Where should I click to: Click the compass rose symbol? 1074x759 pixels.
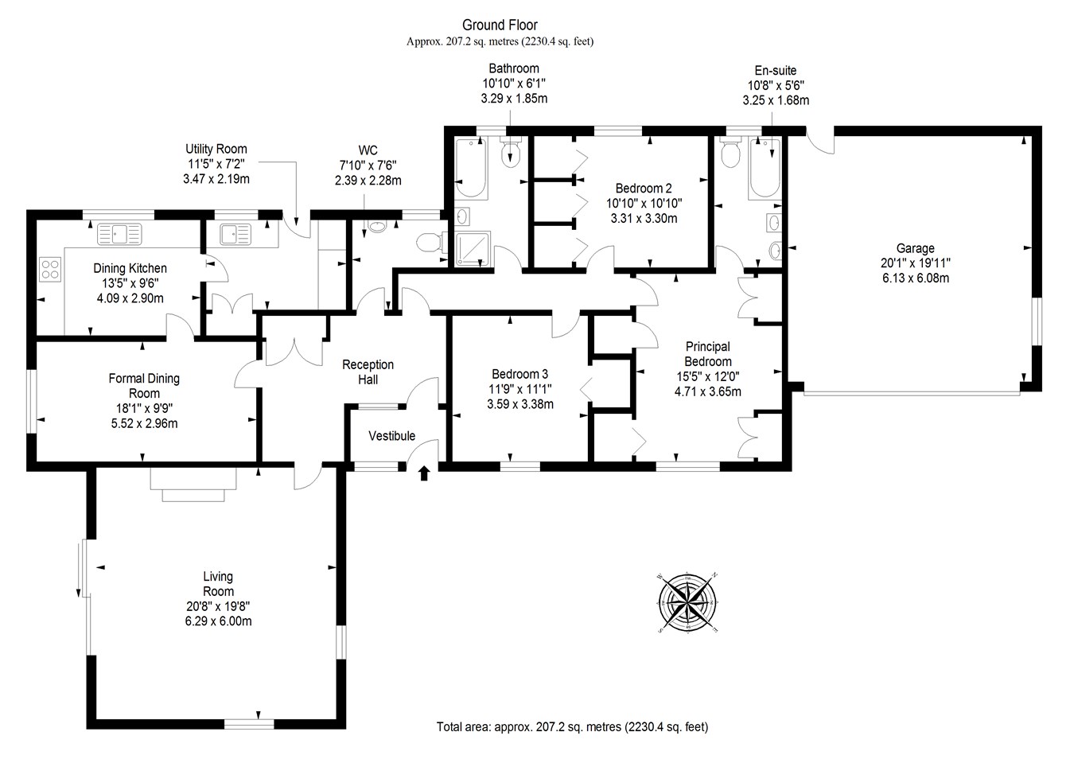tap(688, 602)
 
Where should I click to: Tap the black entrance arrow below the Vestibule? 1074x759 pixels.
tap(423, 473)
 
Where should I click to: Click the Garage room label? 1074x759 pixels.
tap(914, 248)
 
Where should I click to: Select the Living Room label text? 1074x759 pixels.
tap(218, 584)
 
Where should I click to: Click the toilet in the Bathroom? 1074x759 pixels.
tap(510, 152)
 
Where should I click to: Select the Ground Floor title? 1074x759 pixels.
tap(500, 25)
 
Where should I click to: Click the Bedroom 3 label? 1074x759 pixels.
tap(519, 374)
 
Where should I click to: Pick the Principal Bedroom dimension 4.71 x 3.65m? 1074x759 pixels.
tap(707, 391)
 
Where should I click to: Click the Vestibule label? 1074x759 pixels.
tap(391, 436)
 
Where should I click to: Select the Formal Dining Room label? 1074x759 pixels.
tap(144, 386)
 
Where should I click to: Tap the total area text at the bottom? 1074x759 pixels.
tap(572, 726)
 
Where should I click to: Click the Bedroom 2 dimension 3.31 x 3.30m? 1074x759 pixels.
tap(643, 218)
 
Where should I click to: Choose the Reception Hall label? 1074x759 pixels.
tap(368, 372)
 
